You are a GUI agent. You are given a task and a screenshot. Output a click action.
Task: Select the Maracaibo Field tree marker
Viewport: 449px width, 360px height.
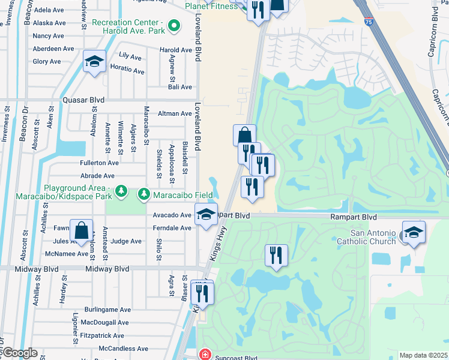click(x=144, y=194)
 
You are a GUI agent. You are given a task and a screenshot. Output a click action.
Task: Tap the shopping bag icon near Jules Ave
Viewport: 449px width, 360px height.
click(x=81, y=231)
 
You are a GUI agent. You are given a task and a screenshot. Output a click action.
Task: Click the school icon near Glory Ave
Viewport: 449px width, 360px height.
click(x=94, y=62)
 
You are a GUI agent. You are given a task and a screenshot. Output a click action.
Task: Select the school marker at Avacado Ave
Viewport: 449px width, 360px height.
click(x=205, y=215)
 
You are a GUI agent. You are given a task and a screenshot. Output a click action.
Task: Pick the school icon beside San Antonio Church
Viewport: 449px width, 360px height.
click(x=414, y=232)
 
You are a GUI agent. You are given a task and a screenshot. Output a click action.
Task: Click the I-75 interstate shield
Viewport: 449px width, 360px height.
click(x=367, y=23)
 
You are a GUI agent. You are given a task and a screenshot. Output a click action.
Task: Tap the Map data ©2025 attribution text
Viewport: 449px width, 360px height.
click(x=424, y=355)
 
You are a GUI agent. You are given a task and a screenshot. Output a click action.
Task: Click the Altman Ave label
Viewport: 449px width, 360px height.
click(x=174, y=113)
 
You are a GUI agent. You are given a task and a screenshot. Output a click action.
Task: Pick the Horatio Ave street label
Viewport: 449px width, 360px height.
click(x=127, y=70)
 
